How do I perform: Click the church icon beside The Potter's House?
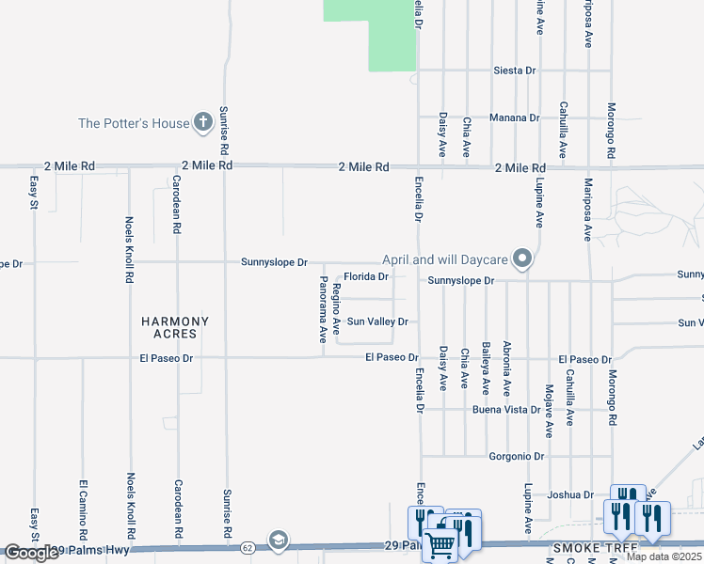202,121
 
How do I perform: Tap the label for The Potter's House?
133,123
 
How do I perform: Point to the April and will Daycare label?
445,259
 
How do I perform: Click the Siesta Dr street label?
514,70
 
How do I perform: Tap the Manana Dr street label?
514,118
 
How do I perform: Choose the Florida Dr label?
366,277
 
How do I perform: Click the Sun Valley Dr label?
376,321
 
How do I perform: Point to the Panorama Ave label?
323,307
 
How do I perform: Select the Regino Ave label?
335,312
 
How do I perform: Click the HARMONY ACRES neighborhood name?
175,327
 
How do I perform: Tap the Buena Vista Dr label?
512,411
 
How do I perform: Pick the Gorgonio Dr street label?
517,457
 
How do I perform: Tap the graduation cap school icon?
278,540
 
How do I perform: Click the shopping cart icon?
440,544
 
